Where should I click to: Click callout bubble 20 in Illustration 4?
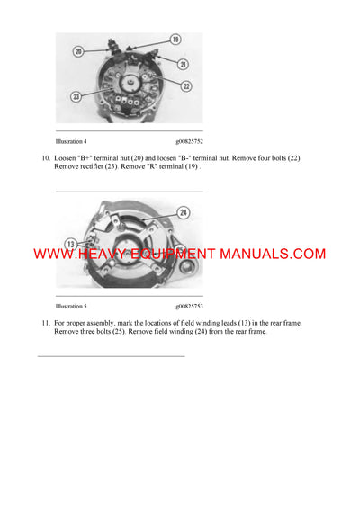78,52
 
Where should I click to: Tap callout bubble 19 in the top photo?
175,40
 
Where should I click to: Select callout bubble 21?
183,65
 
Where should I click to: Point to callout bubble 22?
186,85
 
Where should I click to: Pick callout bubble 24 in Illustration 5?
184,213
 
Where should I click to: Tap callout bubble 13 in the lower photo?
69,244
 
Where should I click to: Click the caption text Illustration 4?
71,141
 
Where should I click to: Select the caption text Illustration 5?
71,306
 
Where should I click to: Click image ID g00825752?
189,141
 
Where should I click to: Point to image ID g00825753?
189,306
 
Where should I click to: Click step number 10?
45,158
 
